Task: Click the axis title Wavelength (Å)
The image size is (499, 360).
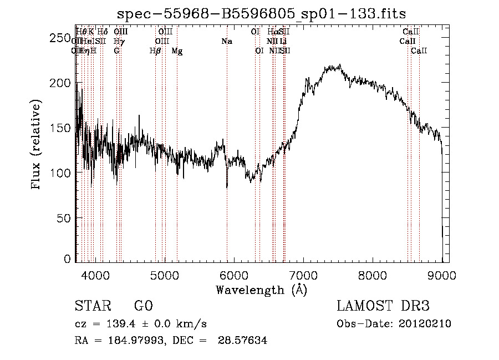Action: click(261, 290)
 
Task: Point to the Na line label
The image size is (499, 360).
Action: click(227, 41)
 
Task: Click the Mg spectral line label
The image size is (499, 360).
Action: click(177, 51)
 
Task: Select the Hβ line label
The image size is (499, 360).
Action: click(155, 51)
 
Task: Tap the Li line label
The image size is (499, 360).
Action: click(283, 41)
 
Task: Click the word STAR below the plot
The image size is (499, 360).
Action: click(91, 307)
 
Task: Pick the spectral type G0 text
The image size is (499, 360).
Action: click(143, 307)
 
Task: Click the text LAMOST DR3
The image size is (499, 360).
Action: click(383, 307)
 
